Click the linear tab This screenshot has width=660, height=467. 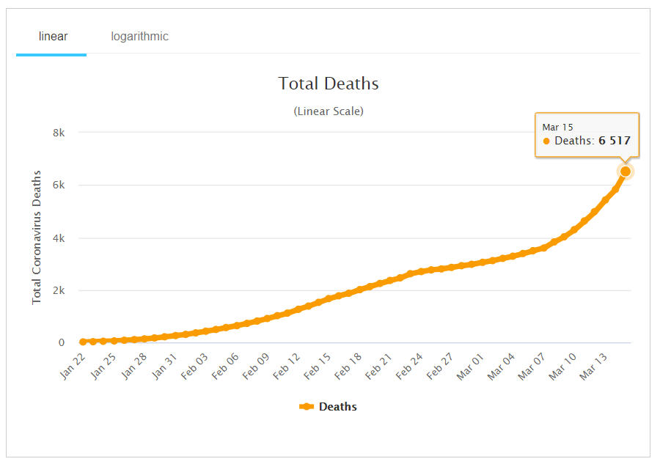pos(53,37)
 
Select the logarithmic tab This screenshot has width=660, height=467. pos(139,37)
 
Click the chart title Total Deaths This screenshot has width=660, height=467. pos(329,84)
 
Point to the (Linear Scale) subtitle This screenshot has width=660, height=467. pos(329,111)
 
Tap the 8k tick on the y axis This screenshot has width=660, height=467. pos(58,133)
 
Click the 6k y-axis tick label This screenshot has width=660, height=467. pos(58,185)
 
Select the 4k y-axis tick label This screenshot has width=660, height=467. pos(58,238)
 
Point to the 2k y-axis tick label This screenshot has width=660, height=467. pos(58,290)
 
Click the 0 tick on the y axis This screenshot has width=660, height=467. pos(62,342)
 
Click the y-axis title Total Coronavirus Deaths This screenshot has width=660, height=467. pos(37,238)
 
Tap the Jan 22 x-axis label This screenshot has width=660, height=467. pos(73,364)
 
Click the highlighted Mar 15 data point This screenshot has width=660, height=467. pos(626,172)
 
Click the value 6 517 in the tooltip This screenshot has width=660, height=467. pos(614,141)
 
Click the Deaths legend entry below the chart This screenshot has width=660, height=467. pos(329,407)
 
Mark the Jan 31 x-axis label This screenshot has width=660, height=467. pos(165,364)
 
